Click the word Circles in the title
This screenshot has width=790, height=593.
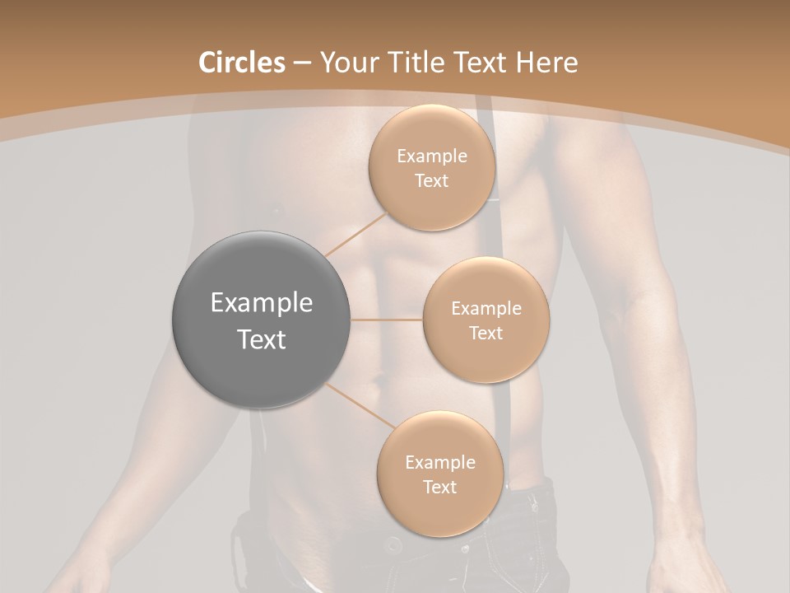pyautogui.click(x=241, y=63)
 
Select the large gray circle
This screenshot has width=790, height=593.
pyautogui.click(x=262, y=320)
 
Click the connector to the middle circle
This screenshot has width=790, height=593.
pyautogui.click(x=387, y=320)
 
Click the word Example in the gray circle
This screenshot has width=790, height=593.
pyautogui.click(x=262, y=303)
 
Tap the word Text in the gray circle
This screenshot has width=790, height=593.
pyautogui.click(x=262, y=339)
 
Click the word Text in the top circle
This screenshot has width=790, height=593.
pyautogui.click(x=431, y=180)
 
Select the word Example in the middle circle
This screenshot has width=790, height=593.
pyautogui.click(x=486, y=309)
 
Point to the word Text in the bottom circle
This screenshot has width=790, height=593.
pyautogui.click(x=439, y=487)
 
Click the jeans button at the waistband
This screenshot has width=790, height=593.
pyautogui.click(x=394, y=544)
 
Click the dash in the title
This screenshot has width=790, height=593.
pyautogui.click(x=302, y=63)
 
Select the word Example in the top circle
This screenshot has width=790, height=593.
pyautogui.click(x=431, y=156)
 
